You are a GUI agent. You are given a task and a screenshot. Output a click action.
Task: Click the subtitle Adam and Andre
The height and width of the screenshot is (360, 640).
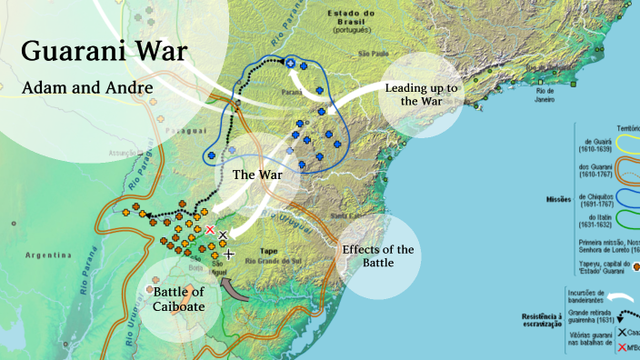(86, 88)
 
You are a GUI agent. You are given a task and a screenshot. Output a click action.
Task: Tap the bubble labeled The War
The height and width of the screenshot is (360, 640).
(256, 173)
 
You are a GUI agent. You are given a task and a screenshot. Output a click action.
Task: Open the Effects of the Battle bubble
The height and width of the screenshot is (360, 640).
(378, 256)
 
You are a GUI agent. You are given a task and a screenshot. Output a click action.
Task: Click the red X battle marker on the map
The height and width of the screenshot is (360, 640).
(210, 231)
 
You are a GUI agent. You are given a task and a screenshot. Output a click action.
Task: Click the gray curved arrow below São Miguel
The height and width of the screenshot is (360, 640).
(236, 292)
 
